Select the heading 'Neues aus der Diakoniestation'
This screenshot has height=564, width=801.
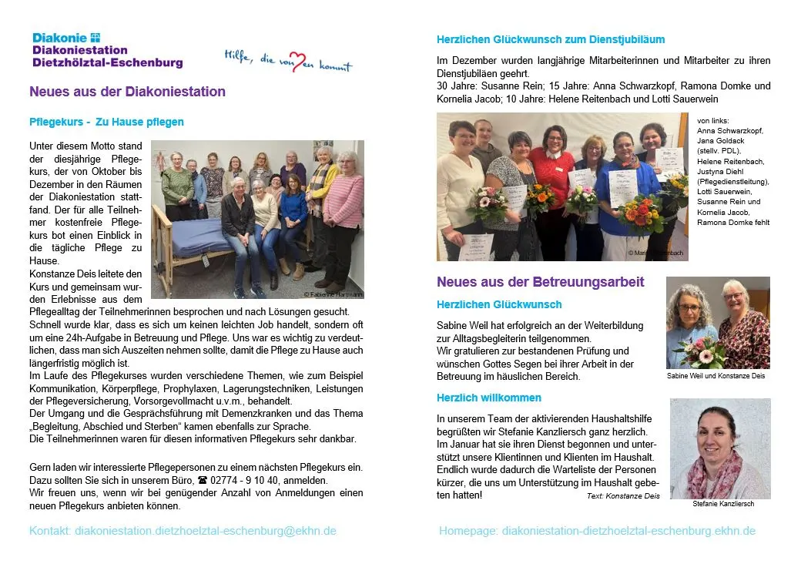pos(127,92)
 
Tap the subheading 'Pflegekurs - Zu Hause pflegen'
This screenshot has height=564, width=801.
pos(106,122)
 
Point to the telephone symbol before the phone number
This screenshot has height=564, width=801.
pos(203,479)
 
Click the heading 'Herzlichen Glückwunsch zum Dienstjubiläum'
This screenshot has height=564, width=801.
pos(550,39)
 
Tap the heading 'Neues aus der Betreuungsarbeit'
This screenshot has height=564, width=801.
pos(540,282)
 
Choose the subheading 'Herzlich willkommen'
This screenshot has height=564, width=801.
pos(488,398)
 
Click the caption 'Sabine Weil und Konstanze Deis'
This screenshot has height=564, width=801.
pos(716,376)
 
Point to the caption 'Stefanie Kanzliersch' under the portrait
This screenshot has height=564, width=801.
pos(723,504)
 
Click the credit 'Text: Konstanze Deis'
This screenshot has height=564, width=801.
pos(623,496)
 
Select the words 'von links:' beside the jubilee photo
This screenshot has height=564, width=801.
pos(712,120)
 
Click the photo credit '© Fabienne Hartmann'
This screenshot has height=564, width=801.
pos(333,294)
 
